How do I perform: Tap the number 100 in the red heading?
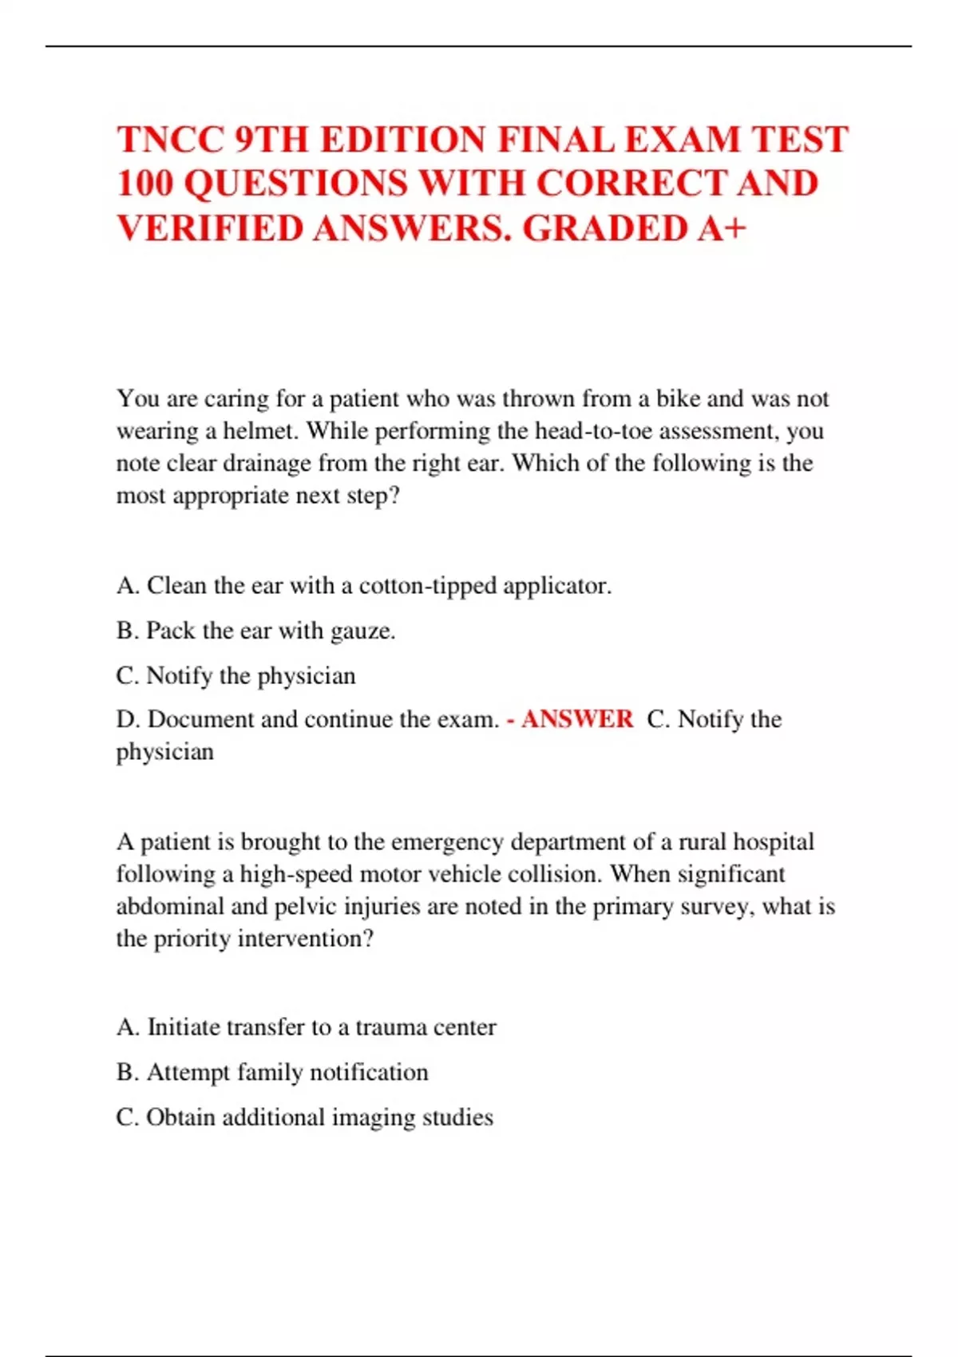click(144, 184)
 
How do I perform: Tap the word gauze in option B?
click(362, 631)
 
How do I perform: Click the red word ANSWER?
click(576, 719)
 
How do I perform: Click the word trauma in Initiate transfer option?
click(390, 1027)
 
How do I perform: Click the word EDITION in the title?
click(393, 140)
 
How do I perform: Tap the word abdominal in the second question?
click(170, 907)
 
